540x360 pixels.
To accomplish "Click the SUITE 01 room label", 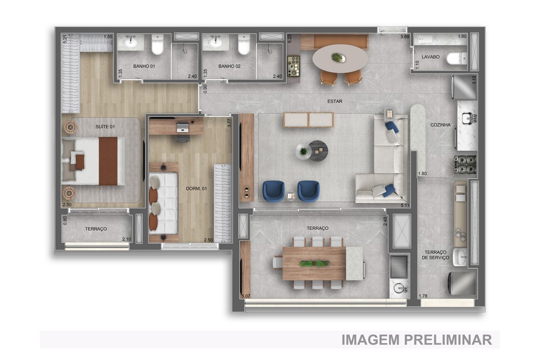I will tap(105, 127).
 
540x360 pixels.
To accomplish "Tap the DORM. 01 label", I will tap(196, 188).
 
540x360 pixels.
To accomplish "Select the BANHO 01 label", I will tap(144, 66).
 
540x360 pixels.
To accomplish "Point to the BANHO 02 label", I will tap(229, 66).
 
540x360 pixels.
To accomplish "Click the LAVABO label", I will tap(430, 56).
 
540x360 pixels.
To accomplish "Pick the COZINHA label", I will tap(440, 125).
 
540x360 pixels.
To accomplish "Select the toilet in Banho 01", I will tap(157, 45).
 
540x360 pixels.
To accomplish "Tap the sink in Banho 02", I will tap(215, 42).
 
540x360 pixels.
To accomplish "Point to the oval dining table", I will tap(340, 59).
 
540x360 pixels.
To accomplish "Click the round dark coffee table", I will tap(318, 150).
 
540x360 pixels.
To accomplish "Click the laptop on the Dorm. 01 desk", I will tap(182, 127).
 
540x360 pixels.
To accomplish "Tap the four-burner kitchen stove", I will tap(465, 164).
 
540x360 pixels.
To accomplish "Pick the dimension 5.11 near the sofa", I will tap(405, 205).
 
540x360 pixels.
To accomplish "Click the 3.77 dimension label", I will tap(229, 121).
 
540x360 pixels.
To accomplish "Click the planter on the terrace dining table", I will tap(314, 262).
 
